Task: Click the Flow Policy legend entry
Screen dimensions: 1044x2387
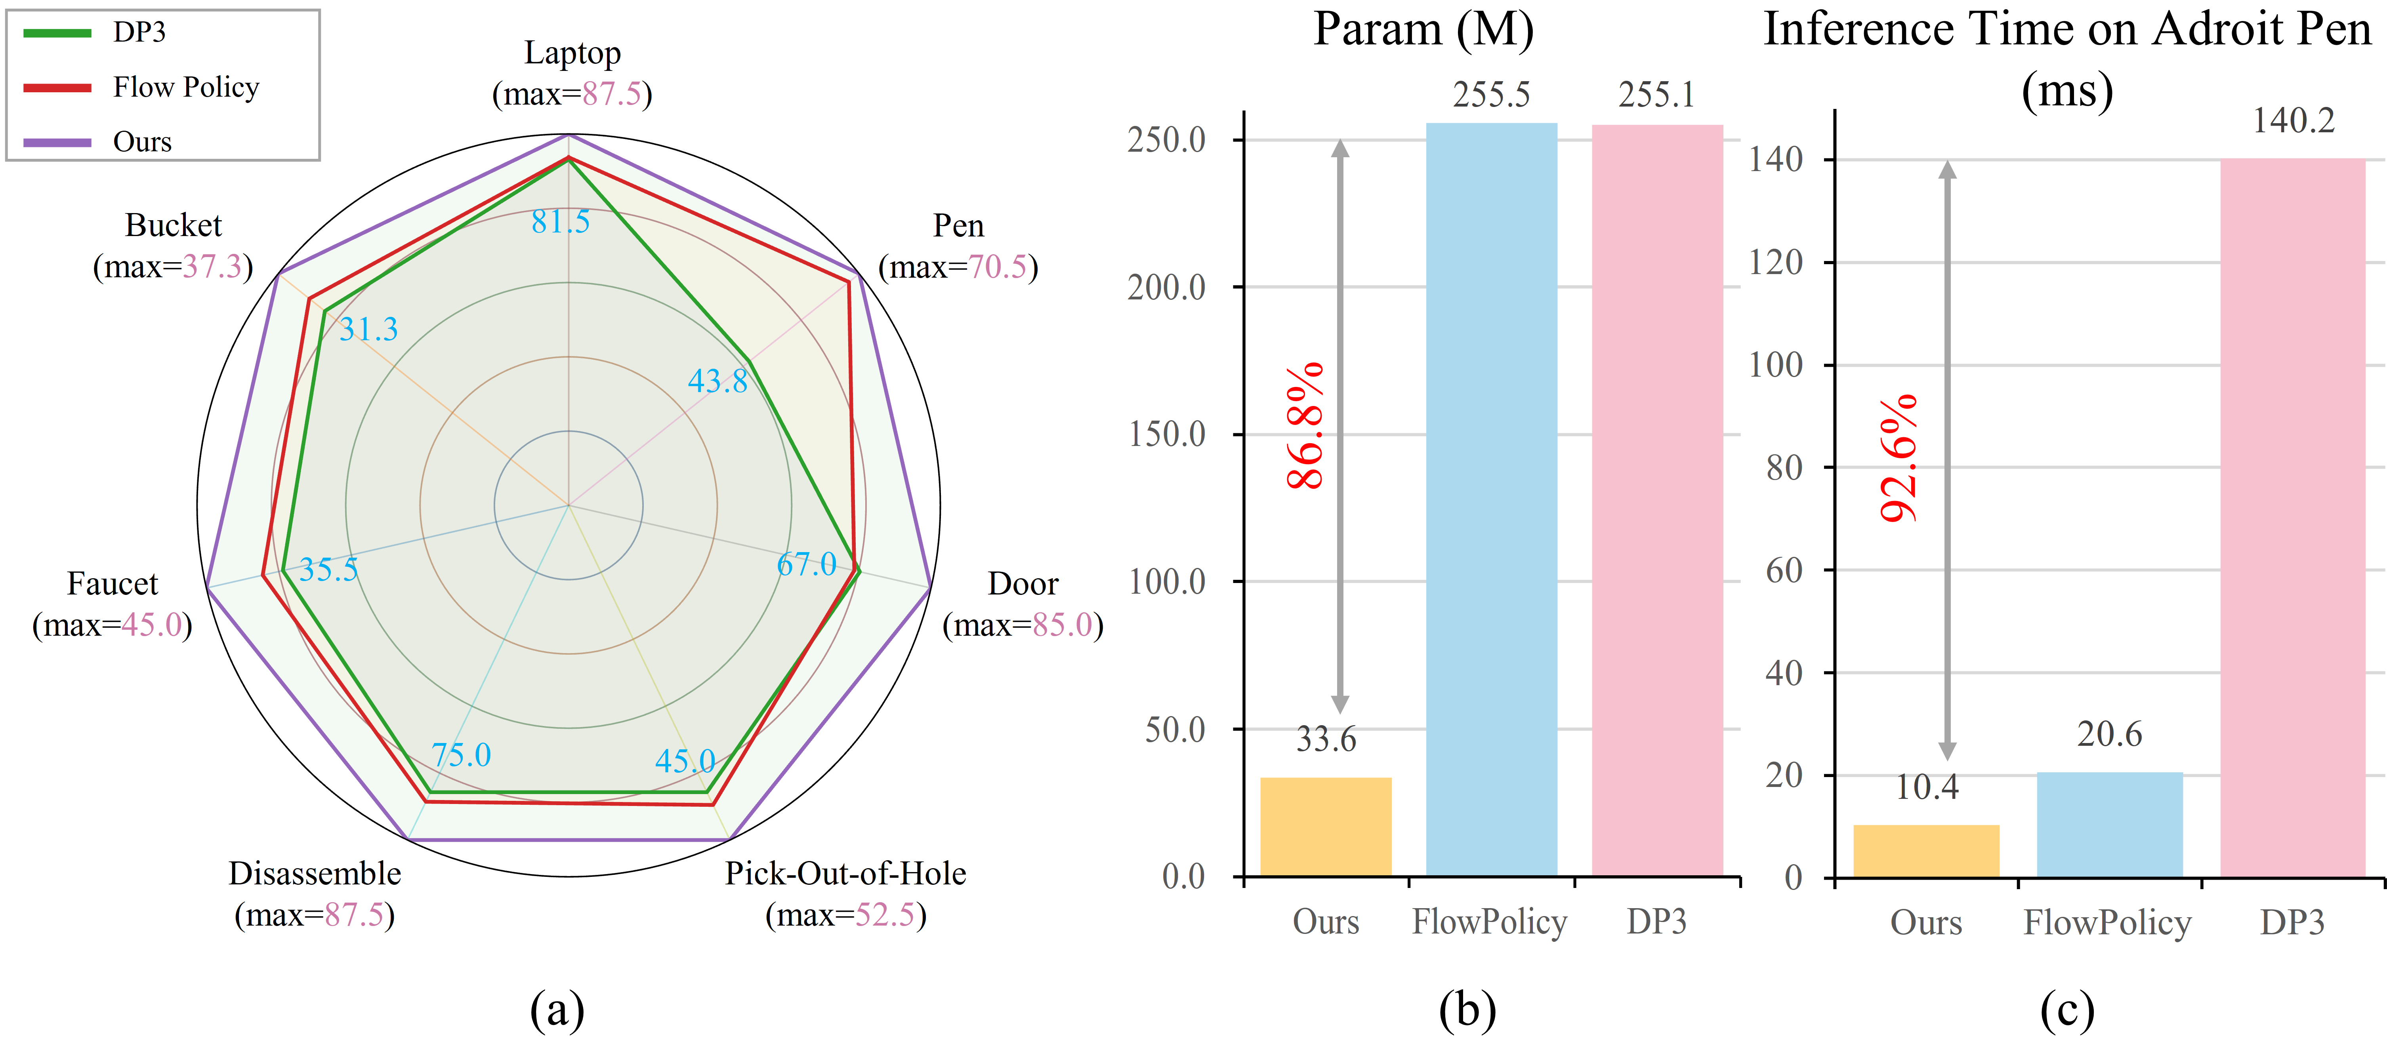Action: pyautogui.click(x=185, y=87)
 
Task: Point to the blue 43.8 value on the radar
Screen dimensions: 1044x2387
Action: pyautogui.click(x=717, y=381)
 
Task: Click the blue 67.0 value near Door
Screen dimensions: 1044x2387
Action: pyautogui.click(x=806, y=564)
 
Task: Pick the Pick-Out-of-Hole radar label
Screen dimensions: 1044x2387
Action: pyautogui.click(x=845, y=874)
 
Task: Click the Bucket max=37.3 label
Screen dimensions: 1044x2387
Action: pyautogui.click(x=173, y=267)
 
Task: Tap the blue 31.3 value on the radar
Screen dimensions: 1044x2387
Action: pyautogui.click(x=369, y=329)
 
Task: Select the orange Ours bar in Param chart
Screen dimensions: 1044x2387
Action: pyautogui.click(x=1325, y=826)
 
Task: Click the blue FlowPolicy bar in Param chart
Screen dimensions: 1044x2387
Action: pyautogui.click(x=1491, y=500)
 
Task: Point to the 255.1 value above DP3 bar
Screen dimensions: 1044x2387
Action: pyautogui.click(x=1657, y=95)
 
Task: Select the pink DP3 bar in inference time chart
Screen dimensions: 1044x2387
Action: pyautogui.click(x=2292, y=519)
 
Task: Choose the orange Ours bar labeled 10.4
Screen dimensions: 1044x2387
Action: pyautogui.click(x=1925, y=850)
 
